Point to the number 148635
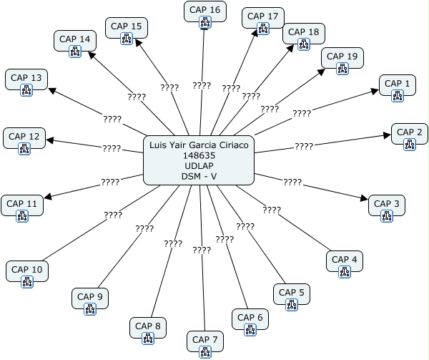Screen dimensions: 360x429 199,155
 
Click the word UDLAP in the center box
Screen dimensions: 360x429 199,167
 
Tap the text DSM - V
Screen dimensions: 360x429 199,177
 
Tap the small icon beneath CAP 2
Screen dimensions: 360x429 410,145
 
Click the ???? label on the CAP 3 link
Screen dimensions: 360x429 292,183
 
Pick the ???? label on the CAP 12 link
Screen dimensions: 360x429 111,148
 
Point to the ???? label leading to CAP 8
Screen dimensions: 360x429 173,243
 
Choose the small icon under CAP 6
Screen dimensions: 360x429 250,330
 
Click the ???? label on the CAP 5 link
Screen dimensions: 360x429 245,226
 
